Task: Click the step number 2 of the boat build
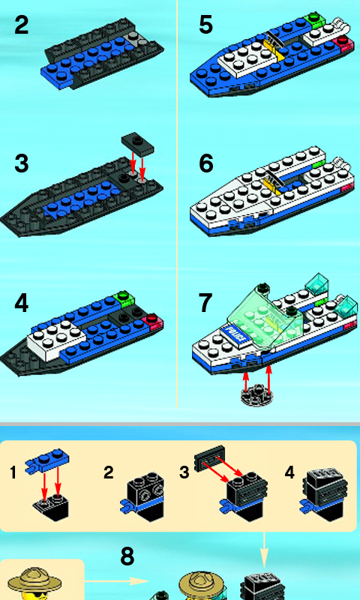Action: tap(22, 25)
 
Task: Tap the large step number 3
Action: tap(22, 163)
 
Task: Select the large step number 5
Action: tap(205, 25)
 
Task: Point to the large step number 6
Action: tap(205, 163)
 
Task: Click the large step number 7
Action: tap(205, 303)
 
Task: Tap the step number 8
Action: tap(127, 556)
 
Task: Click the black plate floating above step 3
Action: tap(139, 143)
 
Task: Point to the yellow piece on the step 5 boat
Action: tap(272, 49)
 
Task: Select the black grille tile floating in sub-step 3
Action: tap(209, 457)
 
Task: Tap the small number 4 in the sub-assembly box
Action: tap(289, 473)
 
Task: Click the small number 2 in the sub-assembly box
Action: tap(108, 473)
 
